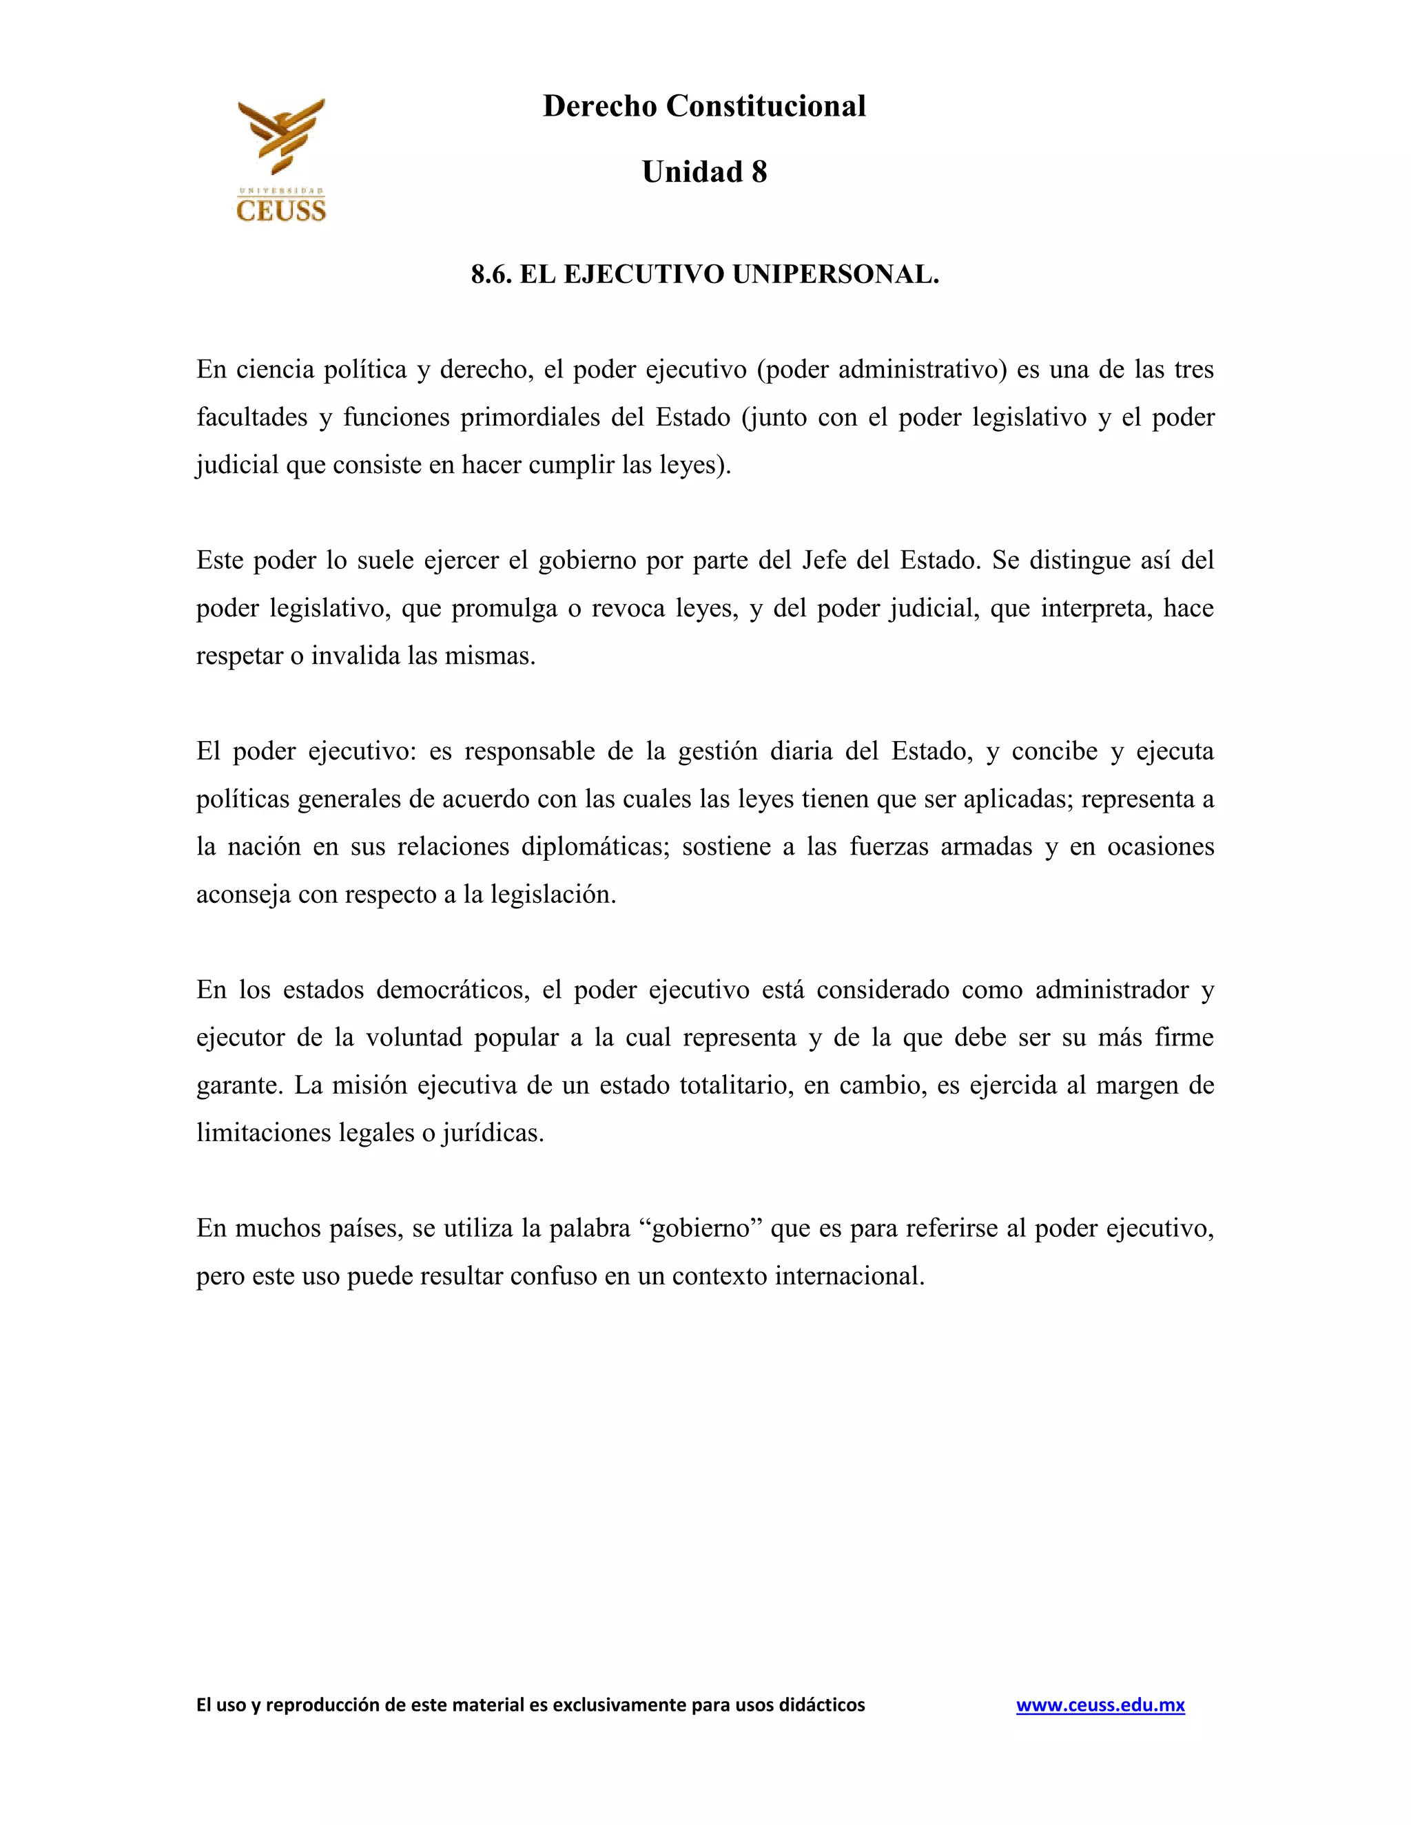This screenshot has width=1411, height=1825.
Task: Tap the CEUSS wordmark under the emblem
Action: tap(281, 210)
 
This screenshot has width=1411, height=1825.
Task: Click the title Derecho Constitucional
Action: tap(704, 106)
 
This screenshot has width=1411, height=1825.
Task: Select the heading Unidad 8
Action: tap(704, 172)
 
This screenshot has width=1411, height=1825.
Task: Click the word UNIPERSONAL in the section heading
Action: tap(835, 274)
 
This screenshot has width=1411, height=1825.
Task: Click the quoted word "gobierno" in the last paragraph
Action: tap(705, 1229)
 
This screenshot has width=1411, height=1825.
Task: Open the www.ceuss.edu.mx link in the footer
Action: tap(1100, 1704)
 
